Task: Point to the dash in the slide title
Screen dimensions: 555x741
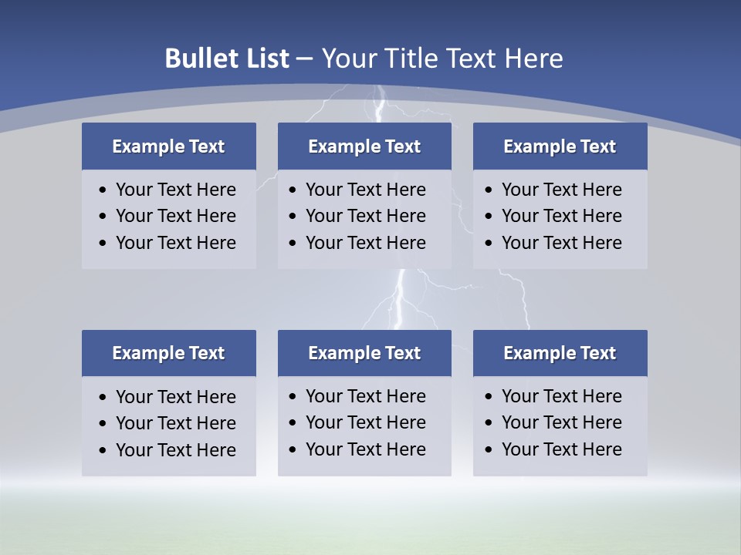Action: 305,59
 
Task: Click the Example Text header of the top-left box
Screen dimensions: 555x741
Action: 168,146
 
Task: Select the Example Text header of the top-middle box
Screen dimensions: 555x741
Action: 364,146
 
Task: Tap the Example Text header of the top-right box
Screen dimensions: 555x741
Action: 560,146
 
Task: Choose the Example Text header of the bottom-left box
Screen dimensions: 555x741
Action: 168,353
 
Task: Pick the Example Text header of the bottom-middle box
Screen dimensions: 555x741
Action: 364,353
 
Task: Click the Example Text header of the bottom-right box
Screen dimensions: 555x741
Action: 560,353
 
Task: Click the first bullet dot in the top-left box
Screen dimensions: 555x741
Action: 103,190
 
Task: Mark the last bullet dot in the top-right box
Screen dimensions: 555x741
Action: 489,244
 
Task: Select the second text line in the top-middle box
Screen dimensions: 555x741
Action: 365,216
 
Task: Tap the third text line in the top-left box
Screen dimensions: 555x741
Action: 175,243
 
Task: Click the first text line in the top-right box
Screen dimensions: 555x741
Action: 561,190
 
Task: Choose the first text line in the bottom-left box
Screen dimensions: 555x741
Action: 175,397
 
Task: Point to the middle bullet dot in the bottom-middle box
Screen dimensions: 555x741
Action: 293,423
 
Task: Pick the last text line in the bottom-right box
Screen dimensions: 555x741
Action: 561,449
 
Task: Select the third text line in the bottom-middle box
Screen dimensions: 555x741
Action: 365,449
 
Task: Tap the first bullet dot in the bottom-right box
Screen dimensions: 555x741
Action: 489,397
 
